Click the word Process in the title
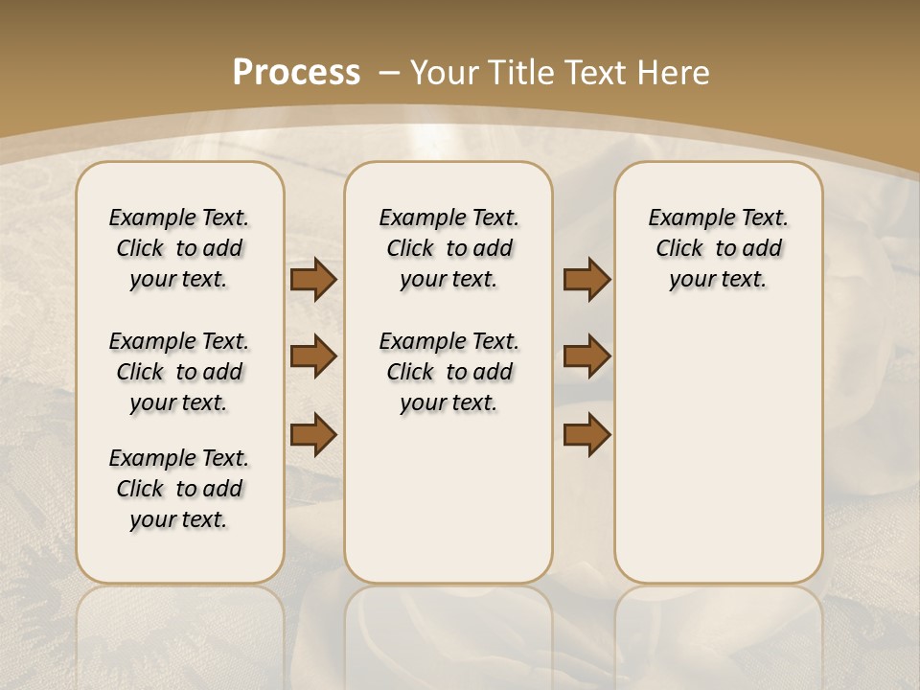296,73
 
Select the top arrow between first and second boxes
313,280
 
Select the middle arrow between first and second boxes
313,357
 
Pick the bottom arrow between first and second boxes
313,435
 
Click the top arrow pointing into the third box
586,280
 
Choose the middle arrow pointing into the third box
586,357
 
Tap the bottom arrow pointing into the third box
586,435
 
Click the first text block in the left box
179,248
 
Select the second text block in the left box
179,372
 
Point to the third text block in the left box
179,489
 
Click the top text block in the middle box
448,248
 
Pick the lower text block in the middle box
448,372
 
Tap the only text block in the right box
718,248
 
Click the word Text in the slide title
596,73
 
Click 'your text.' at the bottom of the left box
179,519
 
